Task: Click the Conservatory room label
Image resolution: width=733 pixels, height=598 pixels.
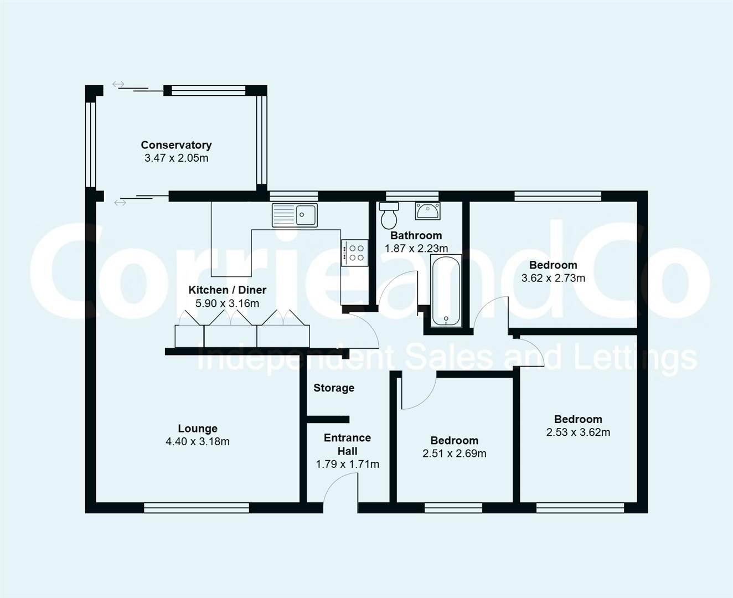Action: pos(176,145)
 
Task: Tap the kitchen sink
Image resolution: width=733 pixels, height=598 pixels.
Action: pos(295,215)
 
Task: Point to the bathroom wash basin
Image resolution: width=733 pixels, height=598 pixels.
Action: pos(427,211)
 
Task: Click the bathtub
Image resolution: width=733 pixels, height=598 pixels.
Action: pos(446,290)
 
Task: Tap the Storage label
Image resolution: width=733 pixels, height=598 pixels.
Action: pos(333,388)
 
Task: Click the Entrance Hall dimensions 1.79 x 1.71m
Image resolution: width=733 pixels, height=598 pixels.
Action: pos(347,464)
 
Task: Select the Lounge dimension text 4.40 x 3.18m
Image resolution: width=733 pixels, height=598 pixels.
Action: pos(197,441)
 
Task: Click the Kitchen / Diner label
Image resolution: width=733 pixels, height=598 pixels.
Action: pos(227,290)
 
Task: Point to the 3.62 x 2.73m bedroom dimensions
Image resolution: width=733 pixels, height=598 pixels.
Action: pos(553,278)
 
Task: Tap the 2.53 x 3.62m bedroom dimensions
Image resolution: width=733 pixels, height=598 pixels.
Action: pos(578,432)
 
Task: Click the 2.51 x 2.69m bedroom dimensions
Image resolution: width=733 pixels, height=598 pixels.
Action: pos(454,453)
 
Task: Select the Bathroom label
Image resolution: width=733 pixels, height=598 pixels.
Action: pos(416,236)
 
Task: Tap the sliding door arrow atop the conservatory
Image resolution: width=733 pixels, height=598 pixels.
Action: pos(118,84)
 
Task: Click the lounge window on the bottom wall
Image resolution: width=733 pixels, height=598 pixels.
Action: pos(196,507)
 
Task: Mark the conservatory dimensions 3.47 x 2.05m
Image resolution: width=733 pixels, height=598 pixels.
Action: pos(176,158)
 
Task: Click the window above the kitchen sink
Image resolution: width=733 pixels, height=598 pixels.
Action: pos(293,195)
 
